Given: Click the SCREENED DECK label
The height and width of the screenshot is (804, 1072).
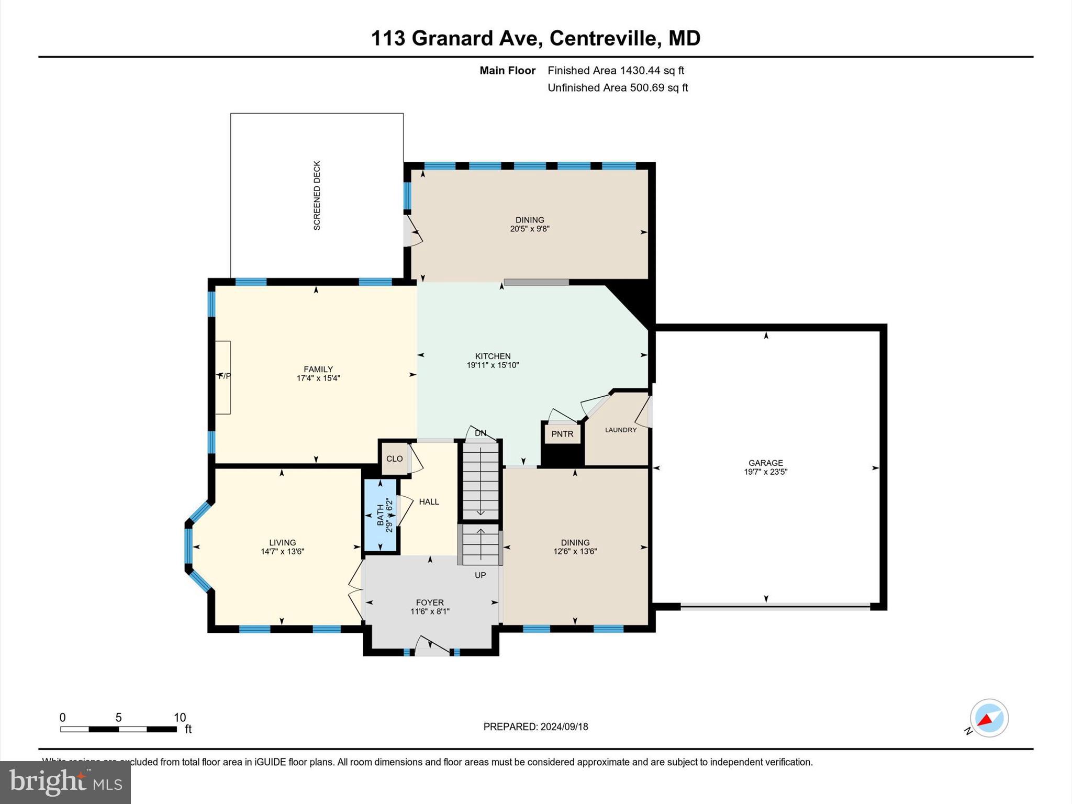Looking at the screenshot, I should pyautogui.click(x=317, y=195).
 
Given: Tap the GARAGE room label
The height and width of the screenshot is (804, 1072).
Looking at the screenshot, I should pyautogui.click(x=765, y=463).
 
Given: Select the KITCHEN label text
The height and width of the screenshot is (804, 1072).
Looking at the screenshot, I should pyautogui.click(x=493, y=356).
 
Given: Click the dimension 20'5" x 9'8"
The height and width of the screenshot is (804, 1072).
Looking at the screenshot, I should pyautogui.click(x=530, y=229).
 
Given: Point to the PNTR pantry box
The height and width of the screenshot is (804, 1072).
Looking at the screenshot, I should pyautogui.click(x=562, y=434).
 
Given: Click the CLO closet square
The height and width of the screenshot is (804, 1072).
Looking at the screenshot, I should pyautogui.click(x=394, y=459).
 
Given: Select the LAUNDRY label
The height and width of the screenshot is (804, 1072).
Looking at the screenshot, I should pyautogui.click(x=621, y=430).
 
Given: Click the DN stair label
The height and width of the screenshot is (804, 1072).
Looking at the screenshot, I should pyautogui.click(x=480, y=433).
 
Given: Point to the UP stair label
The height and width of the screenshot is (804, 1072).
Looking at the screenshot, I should pyautogui.click(x=480, y=575).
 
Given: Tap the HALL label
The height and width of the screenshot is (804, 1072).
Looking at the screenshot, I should pyautogui.click(x=429, y=501).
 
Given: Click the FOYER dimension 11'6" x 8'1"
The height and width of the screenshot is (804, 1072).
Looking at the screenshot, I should pyautogui.click(x=430, y=611).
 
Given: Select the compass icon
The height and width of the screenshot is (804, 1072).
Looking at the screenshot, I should pyautogui.click(x=989, y=718).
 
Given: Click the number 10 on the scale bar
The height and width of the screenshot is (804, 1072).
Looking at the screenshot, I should pyautogui.click(x=180, y=718).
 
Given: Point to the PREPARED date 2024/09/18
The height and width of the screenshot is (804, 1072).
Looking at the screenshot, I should pyautogui.click(x=564, y=727).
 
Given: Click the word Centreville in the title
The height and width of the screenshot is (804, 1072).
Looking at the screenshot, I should pyautogui.click(x=602, y=38).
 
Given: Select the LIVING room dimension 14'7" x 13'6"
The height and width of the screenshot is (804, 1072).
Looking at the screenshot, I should pyautogui.click(x=282, y=551).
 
